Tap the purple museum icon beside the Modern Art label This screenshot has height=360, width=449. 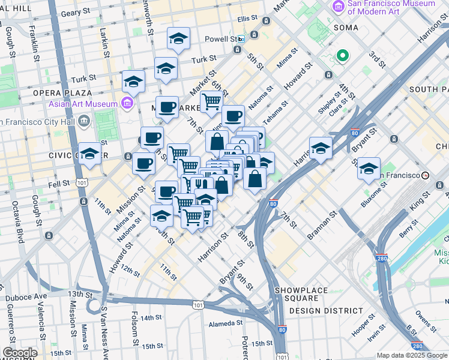(338, 7)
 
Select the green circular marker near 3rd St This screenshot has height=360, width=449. (343, 56)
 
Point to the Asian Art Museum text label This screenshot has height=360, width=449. (83, 104)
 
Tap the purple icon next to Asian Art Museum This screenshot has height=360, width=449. (127, 104)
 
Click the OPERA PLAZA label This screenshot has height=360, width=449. (62, 93)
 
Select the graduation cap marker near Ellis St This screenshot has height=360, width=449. (178, 39)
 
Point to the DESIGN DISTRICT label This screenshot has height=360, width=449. (326, 311)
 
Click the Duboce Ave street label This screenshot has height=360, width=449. (26, 297)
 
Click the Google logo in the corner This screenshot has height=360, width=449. (19, 352)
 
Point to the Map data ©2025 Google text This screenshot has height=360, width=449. (412, 355)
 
